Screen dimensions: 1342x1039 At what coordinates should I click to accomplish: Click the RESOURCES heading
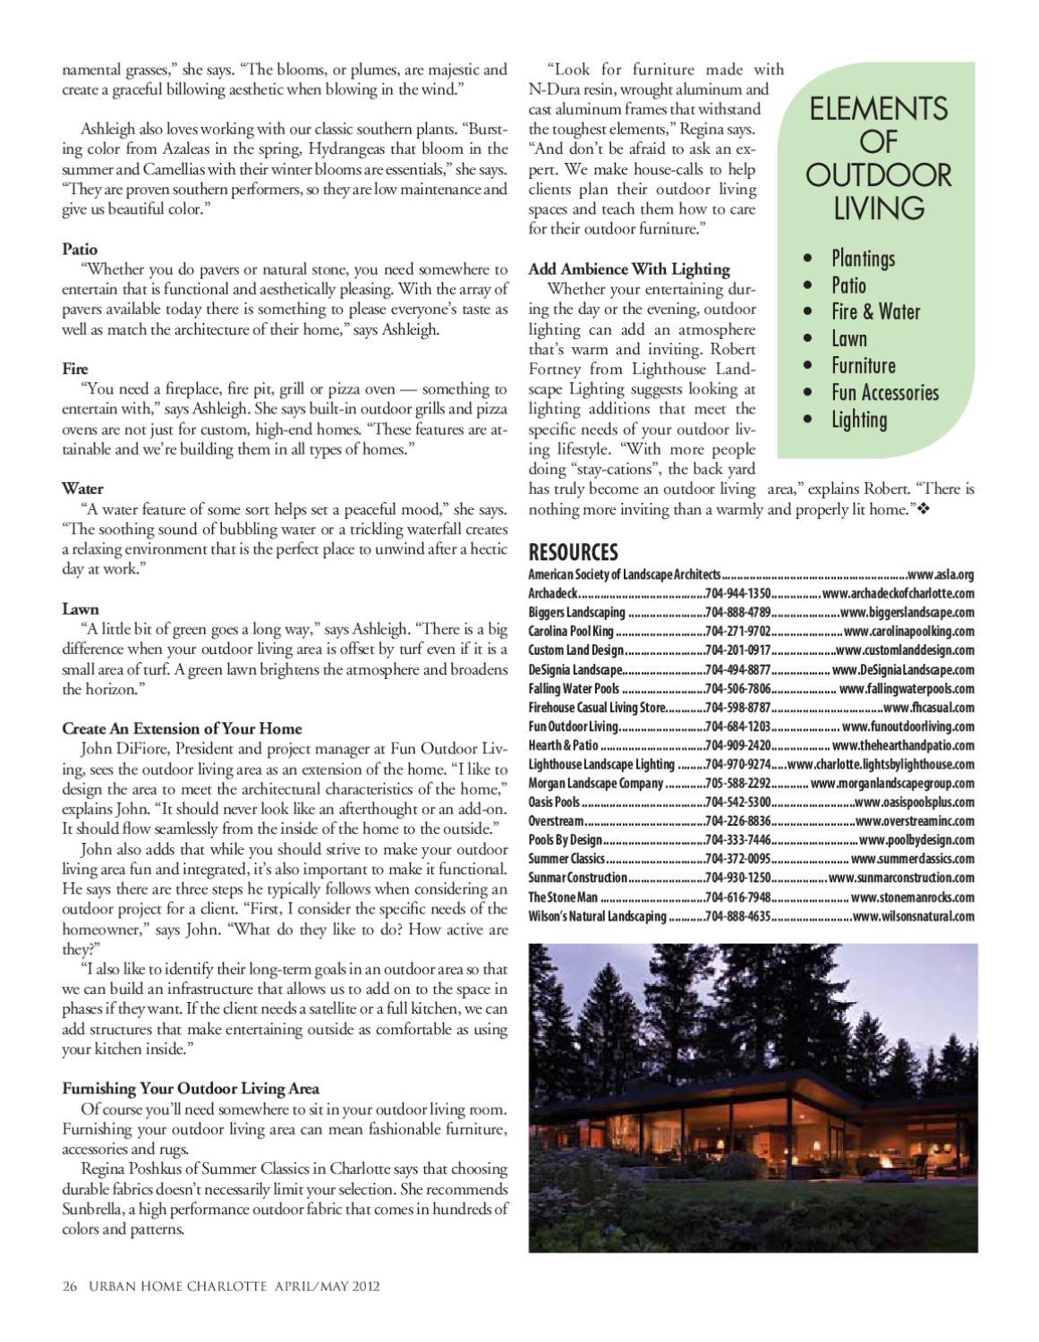point(573,552)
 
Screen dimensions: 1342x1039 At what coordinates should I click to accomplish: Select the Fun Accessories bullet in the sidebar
point(884,393)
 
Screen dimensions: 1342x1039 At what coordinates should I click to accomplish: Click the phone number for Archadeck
point(737,593)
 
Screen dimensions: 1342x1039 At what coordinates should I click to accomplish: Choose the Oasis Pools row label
point(554,803)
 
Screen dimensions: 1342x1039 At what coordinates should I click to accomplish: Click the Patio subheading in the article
point(80,249)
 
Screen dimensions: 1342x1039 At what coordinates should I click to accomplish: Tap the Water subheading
point(82,488)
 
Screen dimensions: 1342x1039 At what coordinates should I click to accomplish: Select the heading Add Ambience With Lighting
point(629,268)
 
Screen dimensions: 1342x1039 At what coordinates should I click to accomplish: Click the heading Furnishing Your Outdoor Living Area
point(190,1089)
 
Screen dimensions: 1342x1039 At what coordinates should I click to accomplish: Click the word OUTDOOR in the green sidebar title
point(878,174)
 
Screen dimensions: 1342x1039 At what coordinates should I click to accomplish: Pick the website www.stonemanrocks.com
point(912,897)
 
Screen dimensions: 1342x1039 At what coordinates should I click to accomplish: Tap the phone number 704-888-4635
point(737,916)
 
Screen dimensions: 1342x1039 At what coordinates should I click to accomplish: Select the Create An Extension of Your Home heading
point(182,728)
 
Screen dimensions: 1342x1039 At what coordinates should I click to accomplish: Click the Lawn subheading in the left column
point(81,608)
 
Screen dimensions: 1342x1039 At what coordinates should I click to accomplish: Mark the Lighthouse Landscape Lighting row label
point(601,764)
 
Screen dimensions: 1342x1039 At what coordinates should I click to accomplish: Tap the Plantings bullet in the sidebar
point(862,259)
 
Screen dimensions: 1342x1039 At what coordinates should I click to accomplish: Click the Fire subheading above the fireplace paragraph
point(75,369)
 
